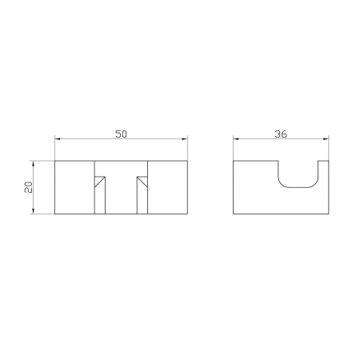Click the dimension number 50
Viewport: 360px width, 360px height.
[x=121, y=134]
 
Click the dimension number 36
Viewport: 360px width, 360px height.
[x=281, y=134]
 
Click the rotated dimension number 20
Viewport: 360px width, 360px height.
[x=28, y=187]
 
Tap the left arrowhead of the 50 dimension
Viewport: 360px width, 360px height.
[x=58, y=139]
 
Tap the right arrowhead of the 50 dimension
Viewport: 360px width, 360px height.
[x=185, y=139]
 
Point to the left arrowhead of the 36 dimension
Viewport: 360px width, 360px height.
[x=236, y=139]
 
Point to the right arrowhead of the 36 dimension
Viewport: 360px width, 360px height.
[x=326, y=139]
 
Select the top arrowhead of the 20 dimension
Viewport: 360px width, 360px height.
[x=33, y=164]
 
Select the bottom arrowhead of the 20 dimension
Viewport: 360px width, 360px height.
[x=33, y=210]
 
